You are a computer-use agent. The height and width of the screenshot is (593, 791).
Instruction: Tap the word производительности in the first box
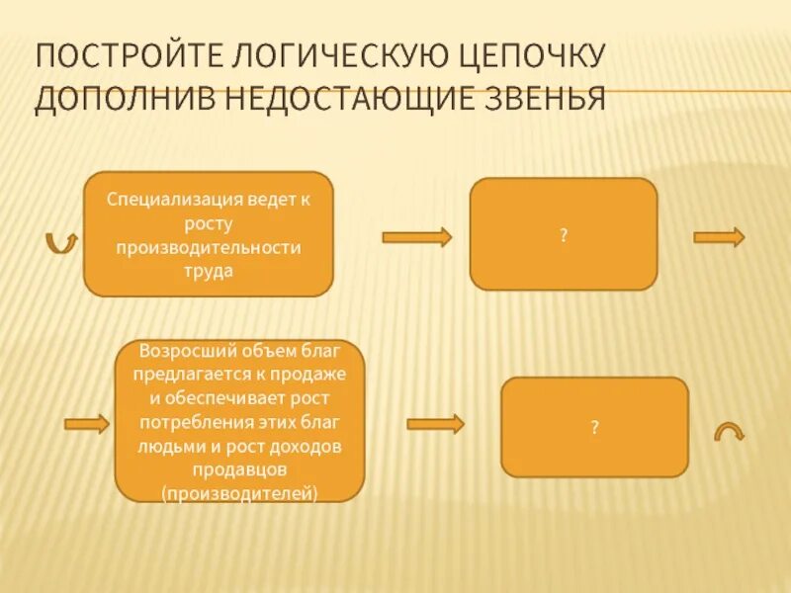coord(209,247)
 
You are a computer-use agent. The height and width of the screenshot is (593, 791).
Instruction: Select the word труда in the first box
coord(209,271)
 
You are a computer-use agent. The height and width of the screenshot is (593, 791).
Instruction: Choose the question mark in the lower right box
coord(594,427)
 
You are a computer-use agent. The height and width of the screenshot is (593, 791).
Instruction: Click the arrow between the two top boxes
coord(416,237)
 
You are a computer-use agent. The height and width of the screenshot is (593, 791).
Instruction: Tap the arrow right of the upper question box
coord(719,237)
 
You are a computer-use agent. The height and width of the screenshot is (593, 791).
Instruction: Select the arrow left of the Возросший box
coord(87,424)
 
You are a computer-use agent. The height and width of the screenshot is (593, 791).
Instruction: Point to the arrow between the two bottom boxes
coord(435,424)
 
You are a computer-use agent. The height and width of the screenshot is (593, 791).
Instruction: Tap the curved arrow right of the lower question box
coord(730,431)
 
